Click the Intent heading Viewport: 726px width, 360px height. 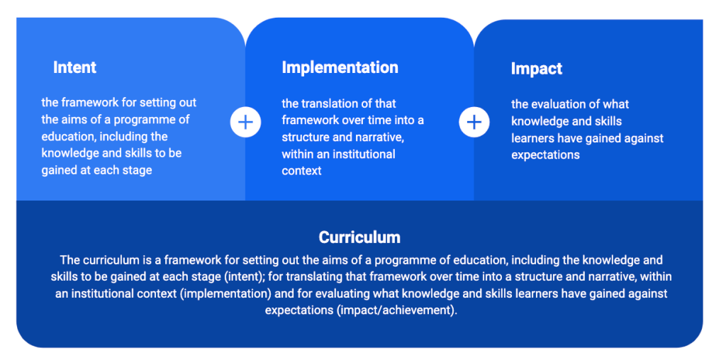[x=74, y=67]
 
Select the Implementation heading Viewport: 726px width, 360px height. [x=340, y=67]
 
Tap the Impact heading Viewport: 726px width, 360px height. [x=537, y=69]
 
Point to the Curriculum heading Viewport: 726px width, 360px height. [x=359, y=237]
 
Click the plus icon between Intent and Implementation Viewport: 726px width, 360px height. [x=245, y=122]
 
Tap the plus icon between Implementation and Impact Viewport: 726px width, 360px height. [x=474, y=122]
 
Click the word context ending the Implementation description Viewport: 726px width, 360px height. [x=301, y=171]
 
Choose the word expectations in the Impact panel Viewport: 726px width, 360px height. [x=545, y=155]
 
